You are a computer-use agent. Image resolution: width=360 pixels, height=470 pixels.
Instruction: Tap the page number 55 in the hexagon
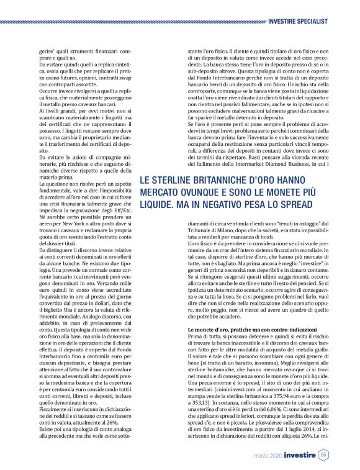coord(323,454)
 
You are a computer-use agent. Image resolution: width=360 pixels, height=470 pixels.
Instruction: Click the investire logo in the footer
coord(296,455)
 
